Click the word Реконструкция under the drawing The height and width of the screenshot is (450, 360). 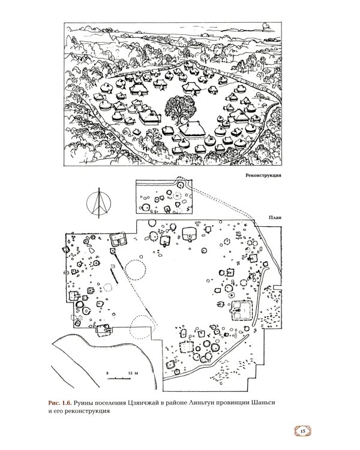263,175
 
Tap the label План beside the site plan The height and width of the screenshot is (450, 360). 275,218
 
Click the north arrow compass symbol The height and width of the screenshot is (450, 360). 99,203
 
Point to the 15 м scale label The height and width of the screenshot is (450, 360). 133,373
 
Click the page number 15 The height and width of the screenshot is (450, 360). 302,431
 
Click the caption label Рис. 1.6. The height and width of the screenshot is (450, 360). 60,403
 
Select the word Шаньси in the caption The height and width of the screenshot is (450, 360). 263,403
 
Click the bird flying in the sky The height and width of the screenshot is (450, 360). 265,26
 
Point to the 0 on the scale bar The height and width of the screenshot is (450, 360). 107,373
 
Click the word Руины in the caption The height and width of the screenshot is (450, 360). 83,403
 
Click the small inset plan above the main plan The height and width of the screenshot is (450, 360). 164,197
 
